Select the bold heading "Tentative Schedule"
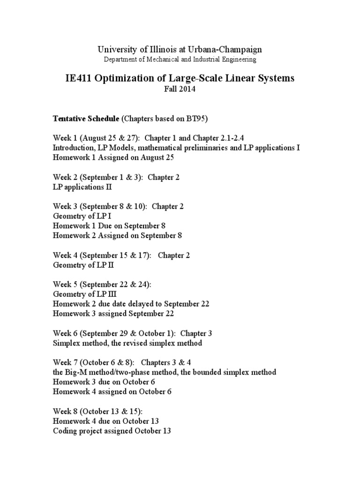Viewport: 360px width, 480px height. (x=86, y=119)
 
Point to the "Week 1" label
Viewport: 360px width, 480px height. (x=65, y=138)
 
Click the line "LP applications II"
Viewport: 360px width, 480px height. (x=82, y=187)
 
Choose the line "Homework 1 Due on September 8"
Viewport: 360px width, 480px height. (x=109, y=226)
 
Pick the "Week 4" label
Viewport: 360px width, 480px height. (x=65, y=255)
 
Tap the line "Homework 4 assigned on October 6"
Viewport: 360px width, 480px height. (x=112, y=392)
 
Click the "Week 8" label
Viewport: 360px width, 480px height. (x=65, y=411)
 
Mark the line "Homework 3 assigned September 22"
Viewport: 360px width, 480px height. (x=113, y=314)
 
